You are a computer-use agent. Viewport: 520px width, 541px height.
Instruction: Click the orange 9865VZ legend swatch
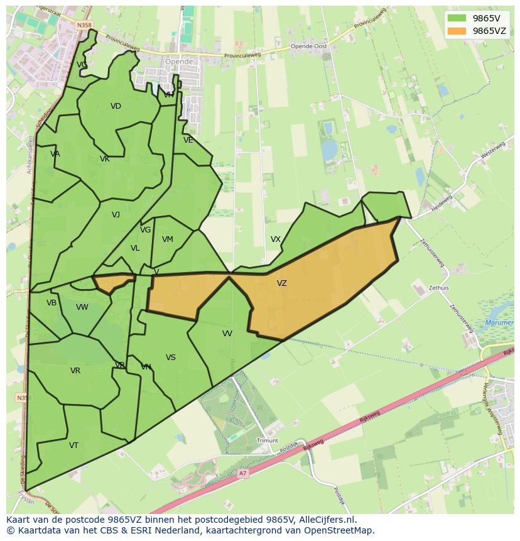pyautogui.click(x=457, y=31)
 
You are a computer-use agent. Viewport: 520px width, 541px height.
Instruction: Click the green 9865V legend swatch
pyautogui.click(x=457, y=18)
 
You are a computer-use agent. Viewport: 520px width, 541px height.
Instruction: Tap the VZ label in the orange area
pyautogui.click(x=282, y=283)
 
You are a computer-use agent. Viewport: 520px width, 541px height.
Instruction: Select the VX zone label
pyautogui.click(x=276, y=239)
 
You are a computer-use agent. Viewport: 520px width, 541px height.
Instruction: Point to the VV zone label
pyautogui.click(x=227, y=334)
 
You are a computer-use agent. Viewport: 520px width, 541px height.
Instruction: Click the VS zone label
pyautogui.click(x=171, y=358)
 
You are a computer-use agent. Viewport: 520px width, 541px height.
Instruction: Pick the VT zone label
pyautogui.click(x=74, y=445)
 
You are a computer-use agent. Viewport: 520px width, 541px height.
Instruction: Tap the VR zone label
pyautogui.click(x=75, y=371)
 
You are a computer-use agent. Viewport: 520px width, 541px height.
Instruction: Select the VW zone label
pyautogui.click(x=82, y=307)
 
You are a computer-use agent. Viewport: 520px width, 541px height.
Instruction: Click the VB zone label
pyautogui.click(x=51, y=303)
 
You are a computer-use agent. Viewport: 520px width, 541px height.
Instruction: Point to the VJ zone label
pyautogui.click(x=116, y=215)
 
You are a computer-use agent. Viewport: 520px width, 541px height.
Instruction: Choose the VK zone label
pyautogui.click(x=105, y=159)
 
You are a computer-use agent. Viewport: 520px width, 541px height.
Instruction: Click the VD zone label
pyautogui.click(x=116, y=106)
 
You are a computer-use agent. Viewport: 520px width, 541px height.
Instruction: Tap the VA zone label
pyautogui.click(x=55, y=154)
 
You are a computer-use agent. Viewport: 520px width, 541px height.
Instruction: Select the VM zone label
pyautogui.click(x=168, y=239)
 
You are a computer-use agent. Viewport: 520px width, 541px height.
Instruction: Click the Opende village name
pyautogui.click(x=178, y=62)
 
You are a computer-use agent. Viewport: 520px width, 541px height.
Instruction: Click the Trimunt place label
pyautogui.click(x=268, y=441)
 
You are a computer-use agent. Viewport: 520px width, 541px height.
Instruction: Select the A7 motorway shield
pyautogui.click(x=243, y=473)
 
